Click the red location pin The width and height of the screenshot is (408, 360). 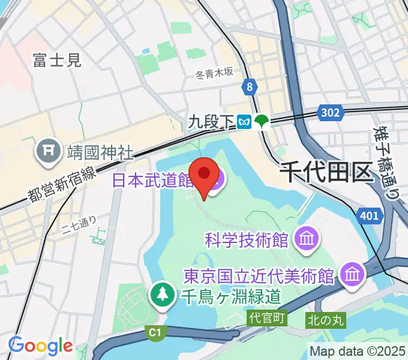[204, 175]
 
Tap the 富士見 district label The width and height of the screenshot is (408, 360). [57, 59]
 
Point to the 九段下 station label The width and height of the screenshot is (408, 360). [211, 122]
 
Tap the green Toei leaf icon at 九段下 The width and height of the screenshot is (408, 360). [262, 122]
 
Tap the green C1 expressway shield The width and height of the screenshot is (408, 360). [156, 332]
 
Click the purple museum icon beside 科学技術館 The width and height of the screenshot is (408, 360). [306, 240]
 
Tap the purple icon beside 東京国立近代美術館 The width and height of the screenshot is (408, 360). [352, 275]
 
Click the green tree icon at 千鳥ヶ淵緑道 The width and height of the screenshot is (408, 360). [163, 294]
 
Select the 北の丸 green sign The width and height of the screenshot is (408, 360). [326, 320]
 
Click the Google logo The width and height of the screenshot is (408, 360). [40, 346]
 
